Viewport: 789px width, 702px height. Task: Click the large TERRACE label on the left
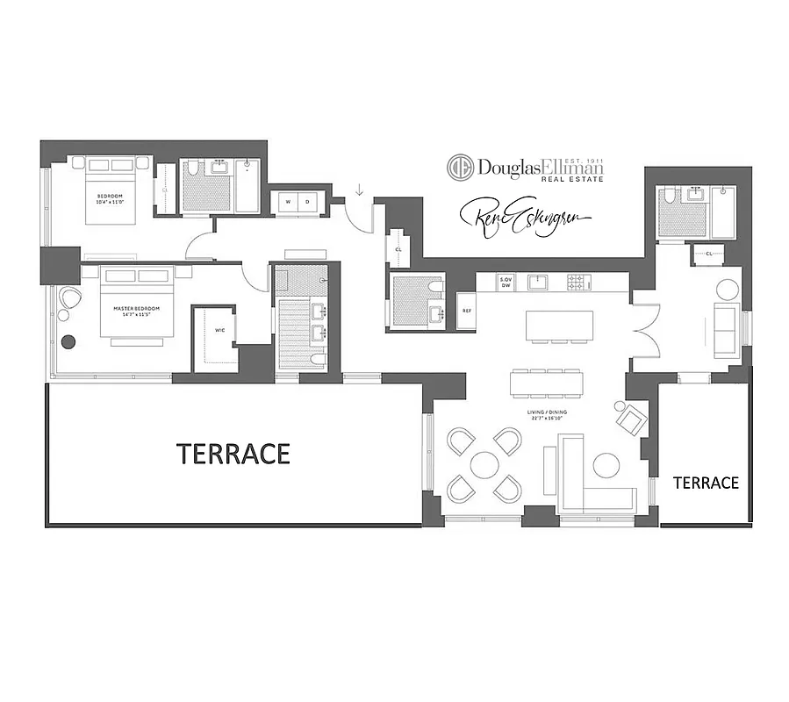233,454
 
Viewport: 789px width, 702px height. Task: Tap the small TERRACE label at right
706,483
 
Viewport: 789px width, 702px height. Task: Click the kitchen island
559,325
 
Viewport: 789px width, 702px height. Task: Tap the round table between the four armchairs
484,464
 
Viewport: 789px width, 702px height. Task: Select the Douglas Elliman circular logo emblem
460,168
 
